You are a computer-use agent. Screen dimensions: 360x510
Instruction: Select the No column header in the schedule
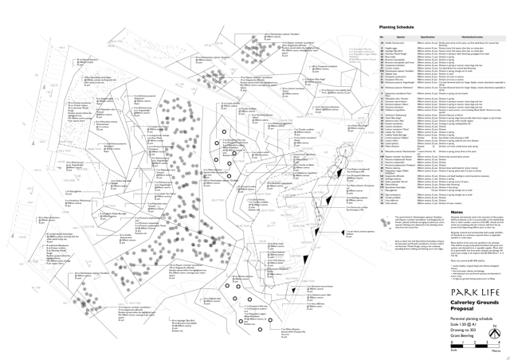[x=382, y=37]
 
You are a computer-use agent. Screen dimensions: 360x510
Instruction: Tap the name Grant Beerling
[x=458, y=335]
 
